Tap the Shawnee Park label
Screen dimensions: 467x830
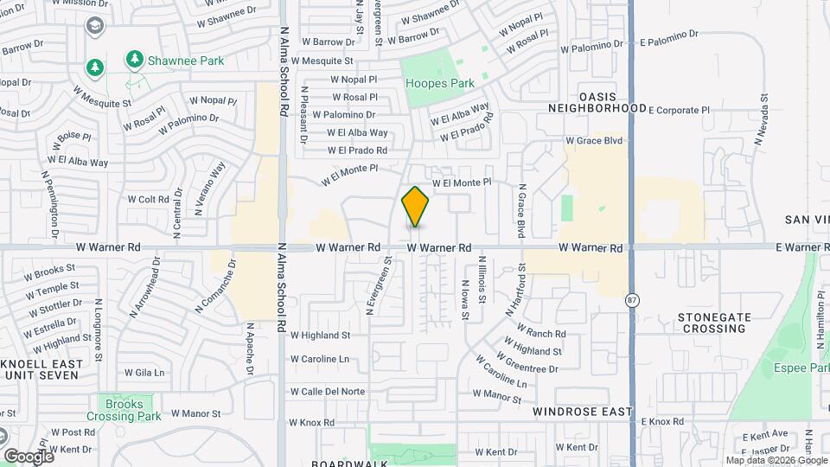pos(185,61)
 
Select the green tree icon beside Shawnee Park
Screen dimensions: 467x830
pos(134,59)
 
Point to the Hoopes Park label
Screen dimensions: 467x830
pos(441,84)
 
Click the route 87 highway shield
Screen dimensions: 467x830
pos(632,299)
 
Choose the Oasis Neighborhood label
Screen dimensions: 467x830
pos(598,102)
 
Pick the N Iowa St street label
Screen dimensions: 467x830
pos(464,299)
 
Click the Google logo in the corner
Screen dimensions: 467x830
pos(29,456)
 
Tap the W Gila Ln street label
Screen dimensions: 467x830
pos(144,373)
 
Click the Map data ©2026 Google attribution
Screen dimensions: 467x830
pos(776,460)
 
